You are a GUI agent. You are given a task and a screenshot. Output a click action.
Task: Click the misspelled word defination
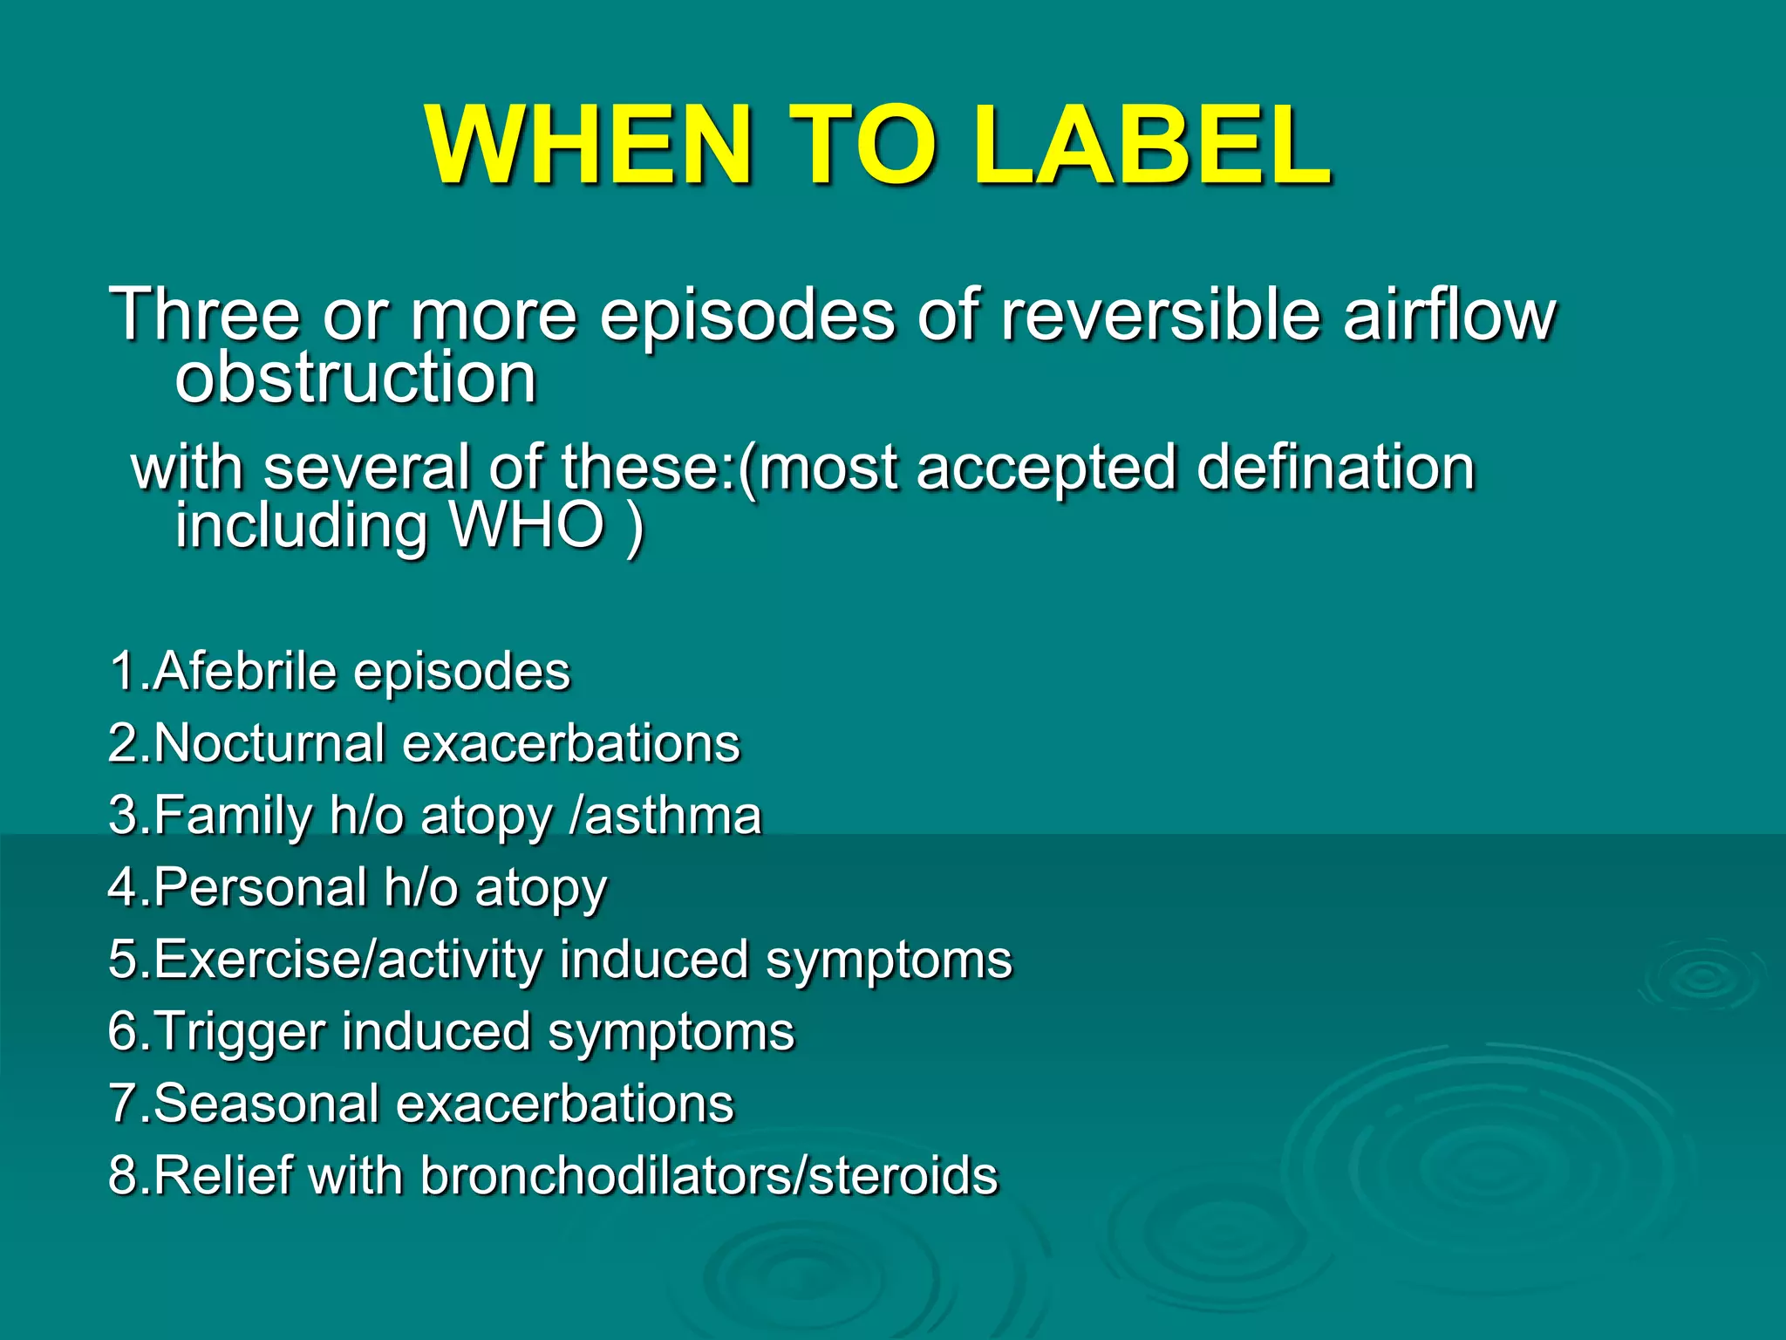point(1335,468)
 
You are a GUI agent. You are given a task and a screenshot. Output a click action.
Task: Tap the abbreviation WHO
point(527,526)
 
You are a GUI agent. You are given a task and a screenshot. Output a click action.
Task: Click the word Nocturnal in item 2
point(269,743)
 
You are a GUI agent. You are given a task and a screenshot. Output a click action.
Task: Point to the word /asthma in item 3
point(665,816)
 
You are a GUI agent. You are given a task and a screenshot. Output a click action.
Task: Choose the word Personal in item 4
point(261,887)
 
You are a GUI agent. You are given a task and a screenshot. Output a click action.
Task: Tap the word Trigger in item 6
point(240,1031)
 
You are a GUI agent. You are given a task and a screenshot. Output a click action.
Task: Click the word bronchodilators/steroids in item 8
point(709,1175)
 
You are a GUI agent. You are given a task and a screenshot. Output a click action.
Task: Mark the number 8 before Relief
point(122,1175)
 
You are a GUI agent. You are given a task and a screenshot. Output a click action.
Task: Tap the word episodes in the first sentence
point(747,316)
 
